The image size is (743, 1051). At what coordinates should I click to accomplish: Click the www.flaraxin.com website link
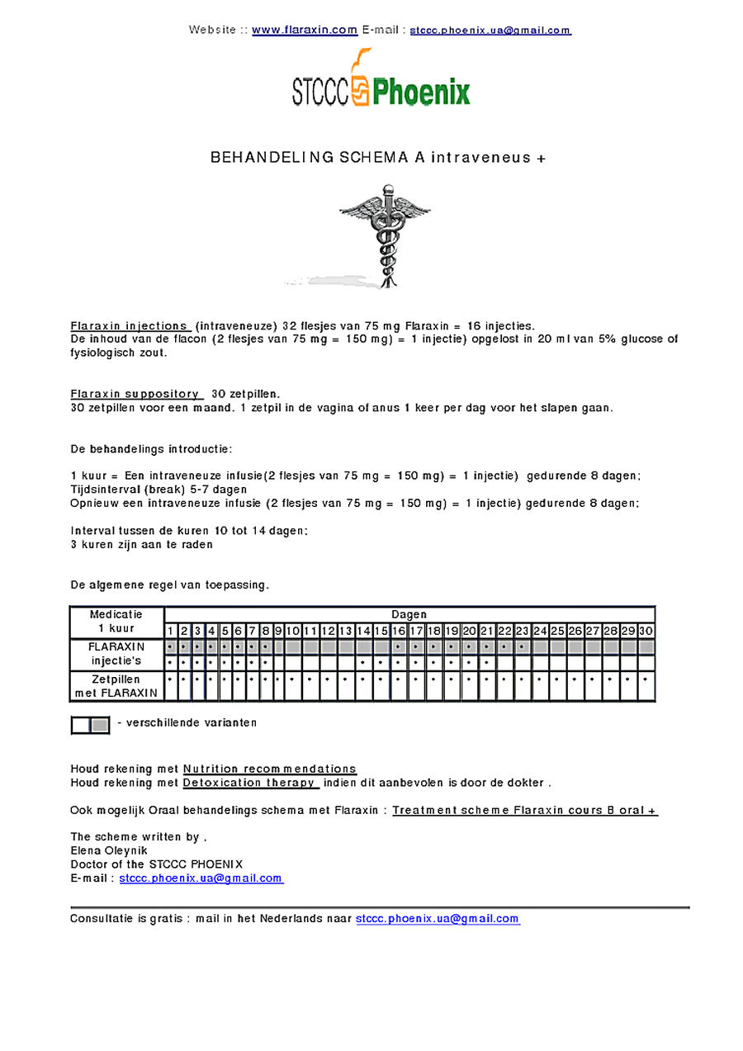coord(305,30)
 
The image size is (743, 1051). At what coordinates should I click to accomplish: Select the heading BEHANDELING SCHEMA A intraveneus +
coord(378,157)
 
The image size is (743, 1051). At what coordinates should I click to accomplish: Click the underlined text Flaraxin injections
coord(130,326)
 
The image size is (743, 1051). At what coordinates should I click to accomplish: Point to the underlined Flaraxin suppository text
coord(136,394)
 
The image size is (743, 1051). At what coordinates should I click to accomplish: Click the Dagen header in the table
coord(409,614)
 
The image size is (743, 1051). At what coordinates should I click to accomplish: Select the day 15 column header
coord(381,631)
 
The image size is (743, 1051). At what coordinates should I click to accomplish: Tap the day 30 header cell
coord(646,631)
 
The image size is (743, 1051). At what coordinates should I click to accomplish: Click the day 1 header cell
coord(171,631)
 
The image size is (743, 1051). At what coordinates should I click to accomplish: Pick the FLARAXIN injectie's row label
coord(116,654)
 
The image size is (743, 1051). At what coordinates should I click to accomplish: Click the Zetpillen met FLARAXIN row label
coord(116,686)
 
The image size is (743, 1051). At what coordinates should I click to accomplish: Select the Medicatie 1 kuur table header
coord(116,622)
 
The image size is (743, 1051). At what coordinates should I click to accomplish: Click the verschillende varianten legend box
coord(90,724)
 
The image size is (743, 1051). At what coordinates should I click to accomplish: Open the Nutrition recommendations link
coord(270,769)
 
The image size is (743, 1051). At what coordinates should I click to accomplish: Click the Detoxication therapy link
coord(250,783)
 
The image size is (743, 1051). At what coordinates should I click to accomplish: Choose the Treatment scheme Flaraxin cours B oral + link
coord(525,811)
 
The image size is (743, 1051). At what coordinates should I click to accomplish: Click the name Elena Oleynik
coord(109,850)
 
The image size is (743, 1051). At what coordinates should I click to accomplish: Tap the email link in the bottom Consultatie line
coord(438,918)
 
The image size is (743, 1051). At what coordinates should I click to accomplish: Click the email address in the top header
coord(490,31)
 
